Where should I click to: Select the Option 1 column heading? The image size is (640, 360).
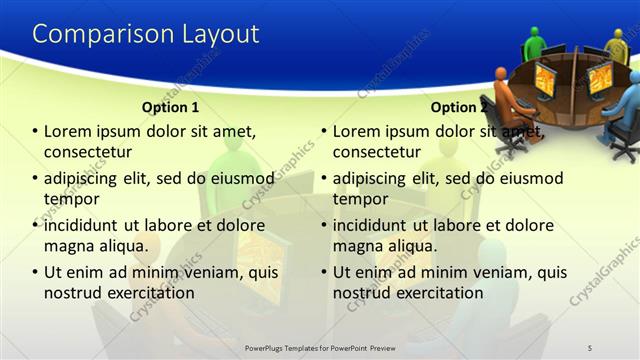[x=170, y=107]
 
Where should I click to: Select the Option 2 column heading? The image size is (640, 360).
[x=459, y=107]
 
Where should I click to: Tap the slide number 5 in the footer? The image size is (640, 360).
[x=589, y=347]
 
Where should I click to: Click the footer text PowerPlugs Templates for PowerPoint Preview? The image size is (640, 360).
[x=320, y=347]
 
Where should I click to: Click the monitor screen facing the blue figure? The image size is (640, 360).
[x=599, y=77]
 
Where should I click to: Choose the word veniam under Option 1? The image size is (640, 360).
[x=202, y=272]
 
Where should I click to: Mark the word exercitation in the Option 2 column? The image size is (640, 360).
[x=436, y=293]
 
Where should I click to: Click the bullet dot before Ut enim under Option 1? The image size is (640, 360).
[x=35, y=272]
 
